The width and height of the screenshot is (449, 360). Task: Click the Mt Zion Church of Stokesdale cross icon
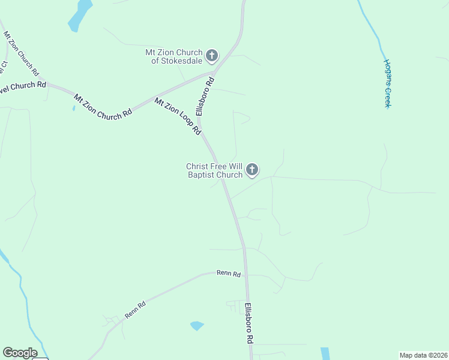pos(211,56)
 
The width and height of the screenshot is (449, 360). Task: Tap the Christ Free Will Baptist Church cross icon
pos(252,170)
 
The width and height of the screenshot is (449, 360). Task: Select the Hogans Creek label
pos(388,83)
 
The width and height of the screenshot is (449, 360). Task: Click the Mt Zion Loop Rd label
pos(177,116)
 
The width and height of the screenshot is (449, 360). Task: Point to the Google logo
pos(20,353)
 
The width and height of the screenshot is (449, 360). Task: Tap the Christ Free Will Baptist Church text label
pos(214,170)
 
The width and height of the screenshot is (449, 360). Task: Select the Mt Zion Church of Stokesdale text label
pos(174,56)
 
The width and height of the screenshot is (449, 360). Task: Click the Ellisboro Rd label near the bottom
pos(248,323)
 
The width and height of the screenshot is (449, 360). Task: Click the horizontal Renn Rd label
pos(229,274)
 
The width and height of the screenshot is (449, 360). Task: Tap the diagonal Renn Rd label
pos(135,310)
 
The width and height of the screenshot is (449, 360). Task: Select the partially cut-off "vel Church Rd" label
pos(23,86)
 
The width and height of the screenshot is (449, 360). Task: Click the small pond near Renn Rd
pos(197,326)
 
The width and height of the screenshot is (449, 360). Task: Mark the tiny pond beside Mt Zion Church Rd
pos(73,108)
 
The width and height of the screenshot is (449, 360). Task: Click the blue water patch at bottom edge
pos(325,353)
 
